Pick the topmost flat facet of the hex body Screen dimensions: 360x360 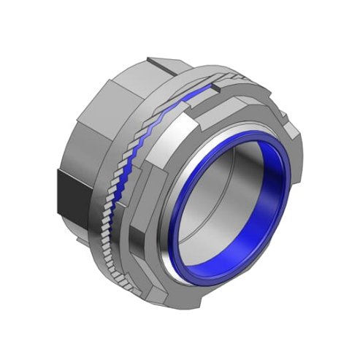[128, 77]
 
